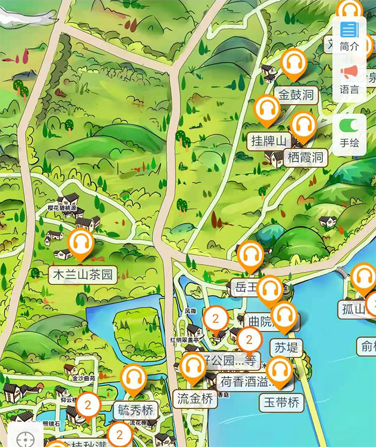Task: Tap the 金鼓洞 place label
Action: pyautogui.click(x=295, y=95)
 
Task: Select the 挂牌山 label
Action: pyautogui.click(x=269, y=141)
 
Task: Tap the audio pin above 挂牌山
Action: pyautogui.click(x=266, y=110)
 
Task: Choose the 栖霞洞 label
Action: pyautogui.click(x=305, y=157)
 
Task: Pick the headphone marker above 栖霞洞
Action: pyautogui.click(x=303, y=127)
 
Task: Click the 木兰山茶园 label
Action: pyautogui.click(x=83, y=275)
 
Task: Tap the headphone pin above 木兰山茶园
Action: pyautogui.click(x=82, y=243)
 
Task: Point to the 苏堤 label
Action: pyautogui.click(x=286, y=347)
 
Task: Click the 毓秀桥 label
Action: pyautogui.click(x=136, y=411)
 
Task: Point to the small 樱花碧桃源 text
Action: pyautogui.click(x=62, y=208)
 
